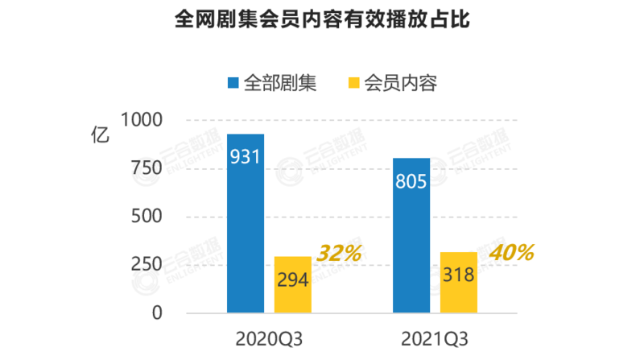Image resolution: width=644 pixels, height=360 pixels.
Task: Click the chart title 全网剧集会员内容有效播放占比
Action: pos(322,20)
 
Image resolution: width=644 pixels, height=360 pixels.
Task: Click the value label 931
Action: pos(246,156)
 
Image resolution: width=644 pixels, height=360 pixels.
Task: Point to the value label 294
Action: pos(293,279)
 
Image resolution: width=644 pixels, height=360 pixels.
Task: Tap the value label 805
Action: pos(411,181)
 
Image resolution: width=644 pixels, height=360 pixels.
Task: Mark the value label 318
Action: pos(459,275)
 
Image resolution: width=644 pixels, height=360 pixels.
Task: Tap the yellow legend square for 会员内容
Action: pos(352,83)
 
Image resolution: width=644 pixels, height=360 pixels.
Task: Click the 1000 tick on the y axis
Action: pos(143,120)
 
